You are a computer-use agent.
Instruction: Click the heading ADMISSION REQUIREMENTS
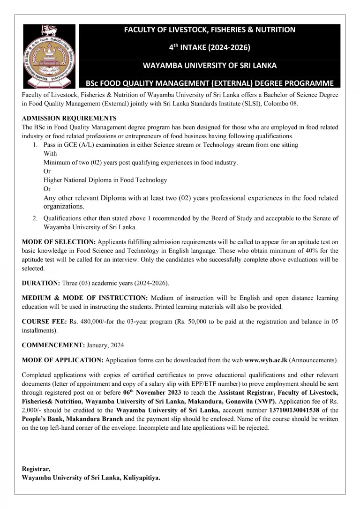pyautogui.click(x=69, y=119)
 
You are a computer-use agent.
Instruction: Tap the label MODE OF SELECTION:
pyautogui.click(x=59, y=242)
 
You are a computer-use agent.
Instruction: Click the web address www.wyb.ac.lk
pyautogui.click(x=266, y=360)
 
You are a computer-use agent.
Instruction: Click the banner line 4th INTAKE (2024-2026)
pyautogui.click(x=210, y=47)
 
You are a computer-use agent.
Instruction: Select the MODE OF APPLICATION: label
pyautogui.click(x=63, y=360)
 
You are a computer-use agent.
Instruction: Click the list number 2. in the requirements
pyautogui.click(x=35, y=218)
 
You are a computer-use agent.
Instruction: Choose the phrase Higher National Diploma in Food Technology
pyautogui.click(x=105, y=180)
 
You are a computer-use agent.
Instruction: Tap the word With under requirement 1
pyautogui.click(x=50, y=154)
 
